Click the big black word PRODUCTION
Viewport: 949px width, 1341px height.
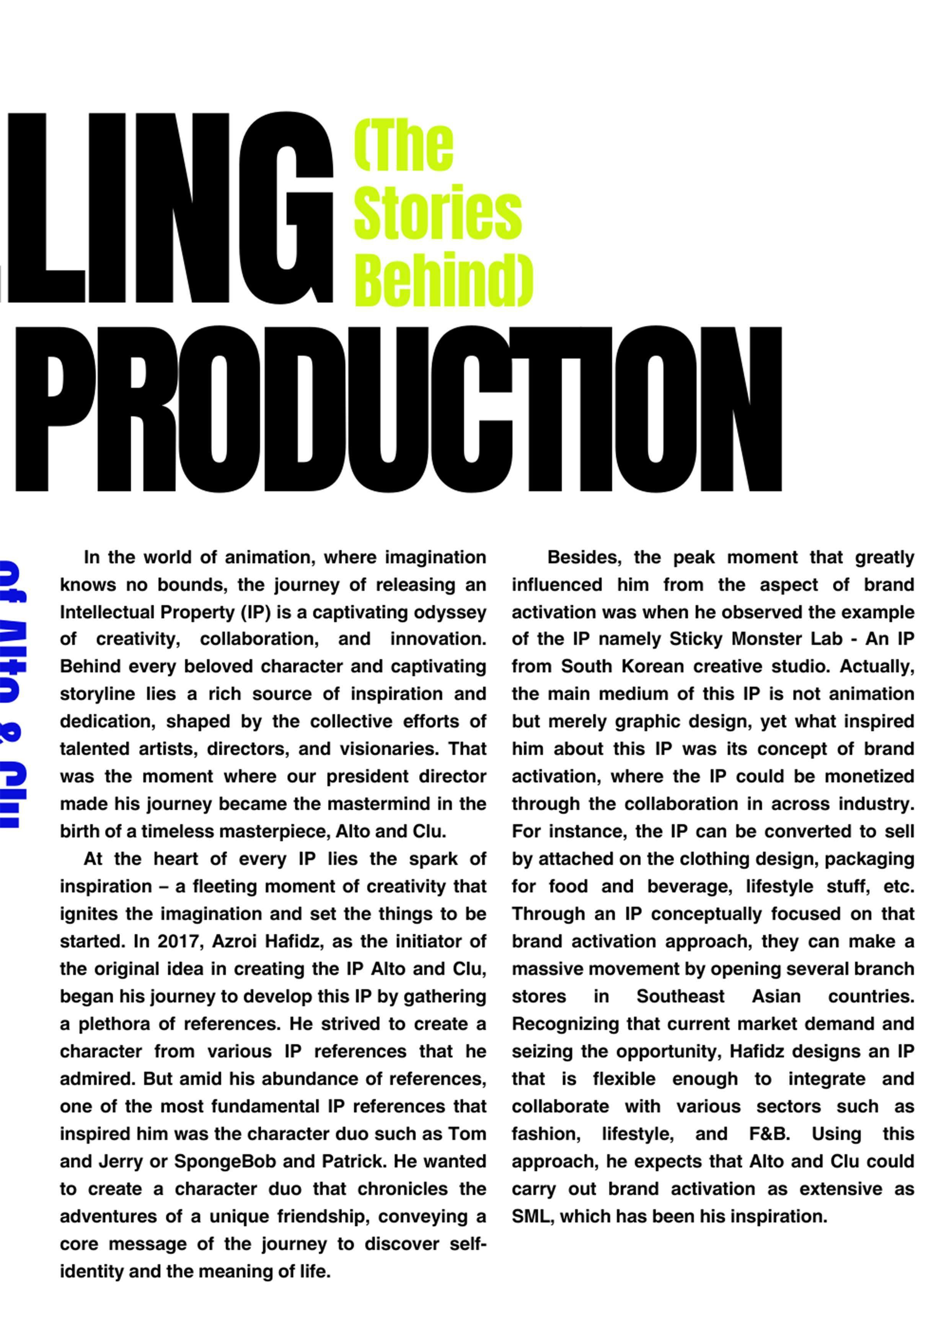(x=397, y=409)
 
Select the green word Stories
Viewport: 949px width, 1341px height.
(x=438, y=212)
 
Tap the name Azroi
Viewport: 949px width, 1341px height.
(x=235, y=941)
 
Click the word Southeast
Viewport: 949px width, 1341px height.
(x=680, y=996)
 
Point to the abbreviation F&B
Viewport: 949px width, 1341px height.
(x=769, y=1134)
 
